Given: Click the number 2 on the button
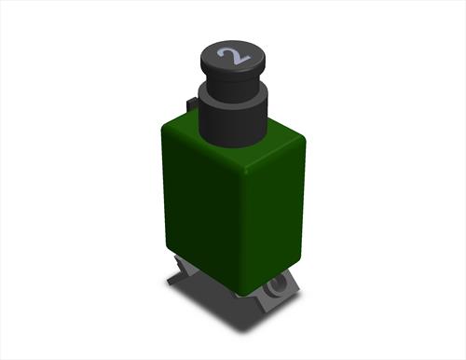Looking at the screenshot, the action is pos(234,56).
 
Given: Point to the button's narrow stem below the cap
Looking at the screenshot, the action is pos(233,83).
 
